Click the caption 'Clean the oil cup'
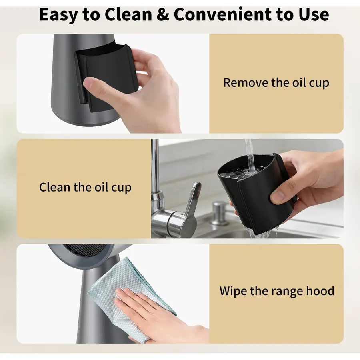coord(85,187)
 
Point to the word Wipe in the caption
coord(233,291)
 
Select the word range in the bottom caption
coord(288,292)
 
